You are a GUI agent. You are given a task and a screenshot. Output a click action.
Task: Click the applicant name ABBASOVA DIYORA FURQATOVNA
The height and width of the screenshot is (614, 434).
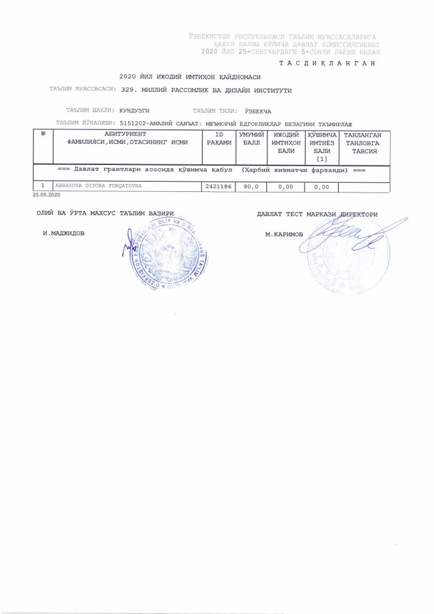point(98,186)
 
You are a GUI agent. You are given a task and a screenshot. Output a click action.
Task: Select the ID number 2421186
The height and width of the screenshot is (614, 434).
point(218,187)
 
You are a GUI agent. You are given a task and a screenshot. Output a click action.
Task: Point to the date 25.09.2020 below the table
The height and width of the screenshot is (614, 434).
point(47,195)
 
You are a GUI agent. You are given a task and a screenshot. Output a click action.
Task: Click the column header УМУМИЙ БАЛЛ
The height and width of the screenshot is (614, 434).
point(249,139)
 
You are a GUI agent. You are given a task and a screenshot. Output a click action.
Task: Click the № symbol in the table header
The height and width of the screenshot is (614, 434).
point(43,134)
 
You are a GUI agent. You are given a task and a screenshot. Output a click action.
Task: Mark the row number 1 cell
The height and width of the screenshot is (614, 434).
point(43,186)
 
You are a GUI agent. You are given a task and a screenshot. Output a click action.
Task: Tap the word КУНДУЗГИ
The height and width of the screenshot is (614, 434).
point(134,111)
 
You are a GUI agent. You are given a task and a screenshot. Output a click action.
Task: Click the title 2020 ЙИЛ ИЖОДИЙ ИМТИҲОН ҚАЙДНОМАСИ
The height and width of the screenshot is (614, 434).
point(190,77)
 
